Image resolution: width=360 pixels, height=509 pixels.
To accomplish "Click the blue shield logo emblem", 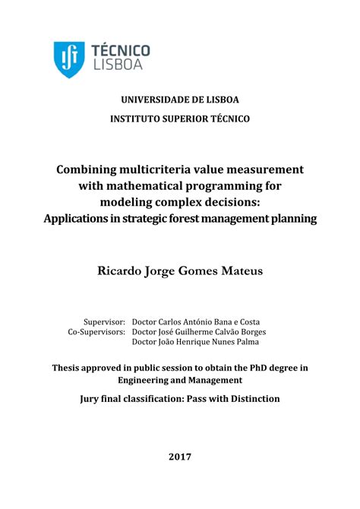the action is pyautogui.click(x=69, y=58).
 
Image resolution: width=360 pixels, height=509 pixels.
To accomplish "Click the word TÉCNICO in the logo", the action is pyautogui.click(x=121, y=50).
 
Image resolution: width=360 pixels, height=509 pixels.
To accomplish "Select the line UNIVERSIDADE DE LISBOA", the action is pyautogui.click(x=180, y=100).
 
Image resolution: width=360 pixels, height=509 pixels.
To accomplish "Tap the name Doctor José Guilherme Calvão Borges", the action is pyautogui.click(x=199, y=332).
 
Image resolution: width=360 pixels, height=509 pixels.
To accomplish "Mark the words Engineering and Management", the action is pyautogui.click(x=180, y=379).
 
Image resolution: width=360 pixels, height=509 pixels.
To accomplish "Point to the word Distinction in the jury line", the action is pyautogui.click(x=252, y=398).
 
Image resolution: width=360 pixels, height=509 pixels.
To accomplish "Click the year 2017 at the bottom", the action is pyautogui.click(x=180, y=457).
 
